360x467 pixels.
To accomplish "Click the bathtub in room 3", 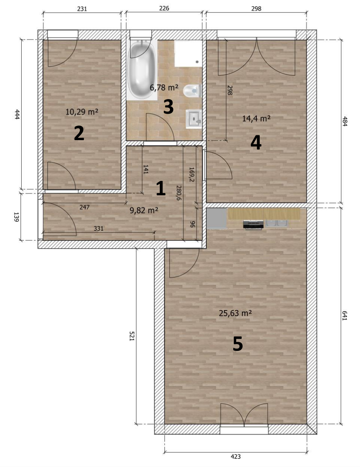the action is pyautogui.click(x=142, y=70).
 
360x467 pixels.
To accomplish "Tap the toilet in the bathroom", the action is pyautogui.click(x=193, y=91).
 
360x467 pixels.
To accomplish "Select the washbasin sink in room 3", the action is pyautogui.click(x=193, y=119).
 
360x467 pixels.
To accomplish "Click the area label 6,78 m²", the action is pyautogui.click(x=164, y=88).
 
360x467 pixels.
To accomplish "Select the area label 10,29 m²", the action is pyautogui.click(x=82, y=112).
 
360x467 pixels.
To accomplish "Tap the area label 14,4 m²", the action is pyautogui.click(x=256, y=119).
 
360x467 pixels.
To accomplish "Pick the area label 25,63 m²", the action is pyautogui.click(x=236, y=313).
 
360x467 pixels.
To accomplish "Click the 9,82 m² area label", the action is pyautogui.click(x=144, y=210).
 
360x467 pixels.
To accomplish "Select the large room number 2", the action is pyautogui.click(x=79, y=133).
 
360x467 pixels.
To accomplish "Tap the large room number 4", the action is pyautogui.click(x=256, y=142).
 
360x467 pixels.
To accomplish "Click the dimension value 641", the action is pyautogui.click(x=344, y=316).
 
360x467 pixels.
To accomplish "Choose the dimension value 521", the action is pyautogui.click(x=132, y=336).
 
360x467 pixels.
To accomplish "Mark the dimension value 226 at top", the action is pyautogui.click(x=164, y=8).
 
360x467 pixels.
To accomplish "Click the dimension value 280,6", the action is pyautogui.click(x=179, y=193).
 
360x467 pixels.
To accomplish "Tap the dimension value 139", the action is pyautogui.click(x=16, y=217).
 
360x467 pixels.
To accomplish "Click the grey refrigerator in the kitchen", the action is pyautogui.click(x=217, y=218).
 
